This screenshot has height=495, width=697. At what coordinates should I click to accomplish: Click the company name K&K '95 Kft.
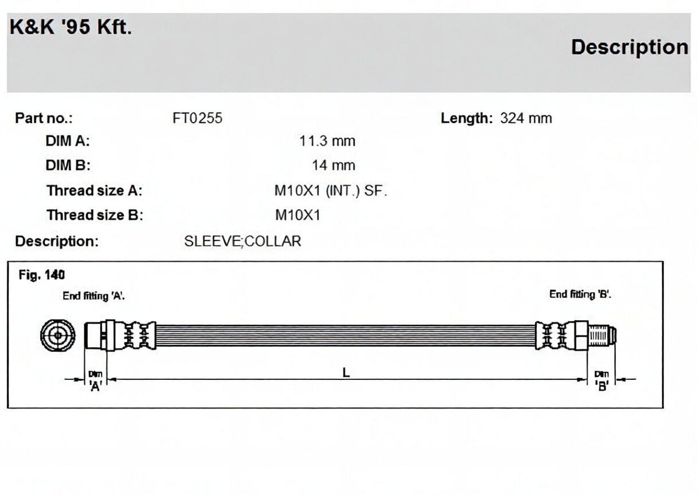(x=71, y=27)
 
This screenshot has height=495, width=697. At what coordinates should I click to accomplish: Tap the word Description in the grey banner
(x=629, y=48)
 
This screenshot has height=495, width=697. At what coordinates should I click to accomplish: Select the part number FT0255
(x=198, y=118)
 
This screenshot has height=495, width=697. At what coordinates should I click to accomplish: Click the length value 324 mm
(x=526, y=118)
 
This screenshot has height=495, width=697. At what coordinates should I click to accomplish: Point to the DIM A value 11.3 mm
(x=327, y=141)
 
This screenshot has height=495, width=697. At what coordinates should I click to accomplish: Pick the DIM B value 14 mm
(x=333, y=166)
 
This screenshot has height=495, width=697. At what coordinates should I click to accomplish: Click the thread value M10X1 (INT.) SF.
(x=331, y=191)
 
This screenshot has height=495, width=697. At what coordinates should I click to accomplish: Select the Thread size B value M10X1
(x=297, y=215)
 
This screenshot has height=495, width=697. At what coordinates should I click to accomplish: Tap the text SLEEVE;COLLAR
(x=242, y=241)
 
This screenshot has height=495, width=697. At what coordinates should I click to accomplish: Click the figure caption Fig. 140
(x=42, y=275)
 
